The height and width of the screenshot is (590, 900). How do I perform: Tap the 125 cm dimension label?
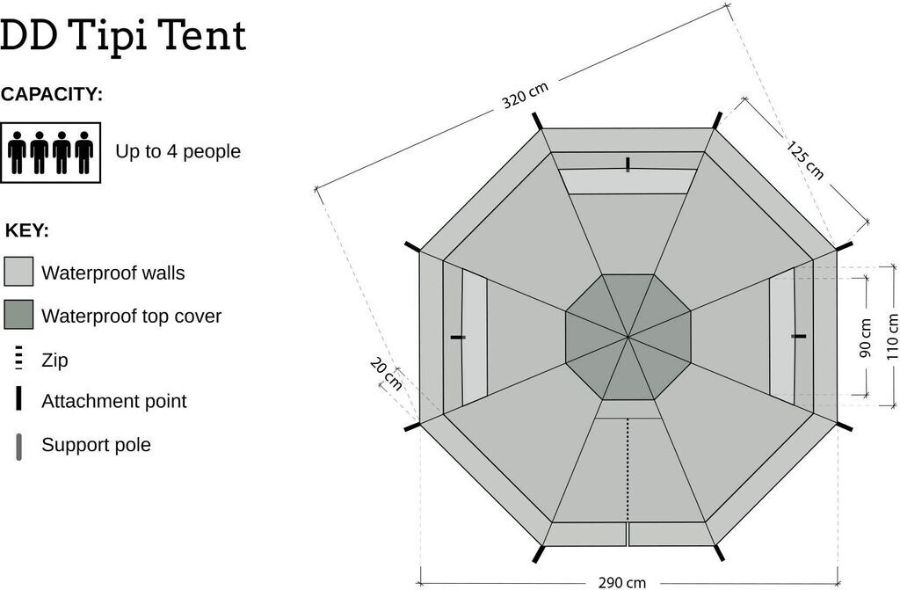[x=805, y=159]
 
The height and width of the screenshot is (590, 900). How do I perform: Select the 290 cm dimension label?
[x=622, y=582]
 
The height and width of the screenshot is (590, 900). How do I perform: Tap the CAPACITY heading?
[x=52, y=95]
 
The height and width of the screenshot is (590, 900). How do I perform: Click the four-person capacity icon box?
[x=51, y=152]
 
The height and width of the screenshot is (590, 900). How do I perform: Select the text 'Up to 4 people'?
[x=178, y=151]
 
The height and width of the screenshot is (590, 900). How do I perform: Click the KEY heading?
[x=26, y=230]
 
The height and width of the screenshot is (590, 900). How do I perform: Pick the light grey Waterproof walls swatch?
[x=18, y=272]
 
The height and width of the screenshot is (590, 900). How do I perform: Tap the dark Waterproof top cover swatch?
[x=18, y=314]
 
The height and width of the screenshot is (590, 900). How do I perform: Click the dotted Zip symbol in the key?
[x=18, y=359]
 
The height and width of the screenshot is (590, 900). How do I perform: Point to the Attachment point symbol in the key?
[x=18, y=400]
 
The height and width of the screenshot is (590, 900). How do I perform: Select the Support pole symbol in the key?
[x=18, y=446]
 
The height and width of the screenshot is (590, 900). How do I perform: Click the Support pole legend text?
[x=96, y=445]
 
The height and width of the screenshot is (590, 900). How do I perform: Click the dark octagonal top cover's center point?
[x=628, y=336]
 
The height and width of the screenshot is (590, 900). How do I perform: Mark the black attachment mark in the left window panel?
[x=457, y=337]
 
